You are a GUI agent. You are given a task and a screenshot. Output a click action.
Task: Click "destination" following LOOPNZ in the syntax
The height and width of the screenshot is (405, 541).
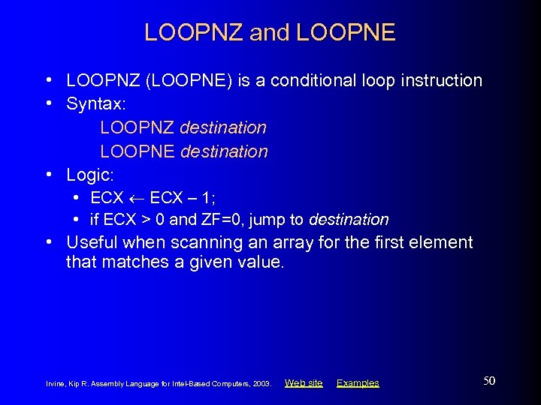click(223, 128)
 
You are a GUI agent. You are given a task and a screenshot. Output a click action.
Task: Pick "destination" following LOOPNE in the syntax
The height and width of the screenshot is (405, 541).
click(224, 151)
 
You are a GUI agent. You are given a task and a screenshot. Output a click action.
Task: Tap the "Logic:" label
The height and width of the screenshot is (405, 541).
click(90, 175)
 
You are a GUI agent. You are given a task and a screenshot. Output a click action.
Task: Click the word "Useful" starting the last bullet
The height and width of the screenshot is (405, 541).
click(92, 242)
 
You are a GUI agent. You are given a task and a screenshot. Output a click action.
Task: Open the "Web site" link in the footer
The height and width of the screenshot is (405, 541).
click(304, 383)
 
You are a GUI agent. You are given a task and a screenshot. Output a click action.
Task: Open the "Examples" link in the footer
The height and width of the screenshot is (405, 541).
click(358, 383)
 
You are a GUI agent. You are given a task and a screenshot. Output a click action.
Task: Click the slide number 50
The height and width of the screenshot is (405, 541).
click(488, 381)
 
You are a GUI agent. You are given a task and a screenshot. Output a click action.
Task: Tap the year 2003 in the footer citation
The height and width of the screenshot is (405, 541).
click(262, 384)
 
